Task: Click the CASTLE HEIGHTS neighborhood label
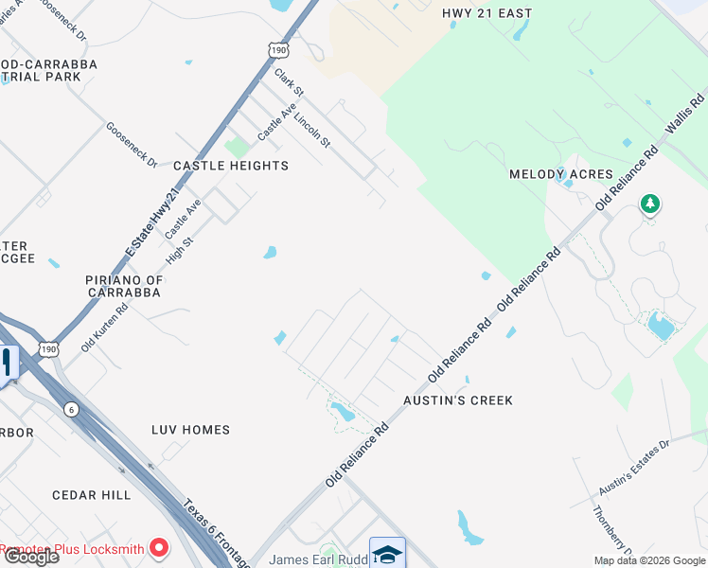[231, 166]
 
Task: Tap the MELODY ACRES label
[561, 174]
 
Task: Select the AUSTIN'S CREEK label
[458, 400]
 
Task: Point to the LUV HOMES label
[190, 430]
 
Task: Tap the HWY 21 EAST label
[487, 13]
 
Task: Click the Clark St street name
[288, 82]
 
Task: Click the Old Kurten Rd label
[104, 328]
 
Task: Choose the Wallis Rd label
[686, 115]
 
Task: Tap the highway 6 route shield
[71, 409]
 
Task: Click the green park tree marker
[649, 203]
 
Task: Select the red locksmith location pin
[159, 548]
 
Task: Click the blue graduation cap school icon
[387, 554]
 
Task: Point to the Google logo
[30, 557]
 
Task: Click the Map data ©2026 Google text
[649, 560]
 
